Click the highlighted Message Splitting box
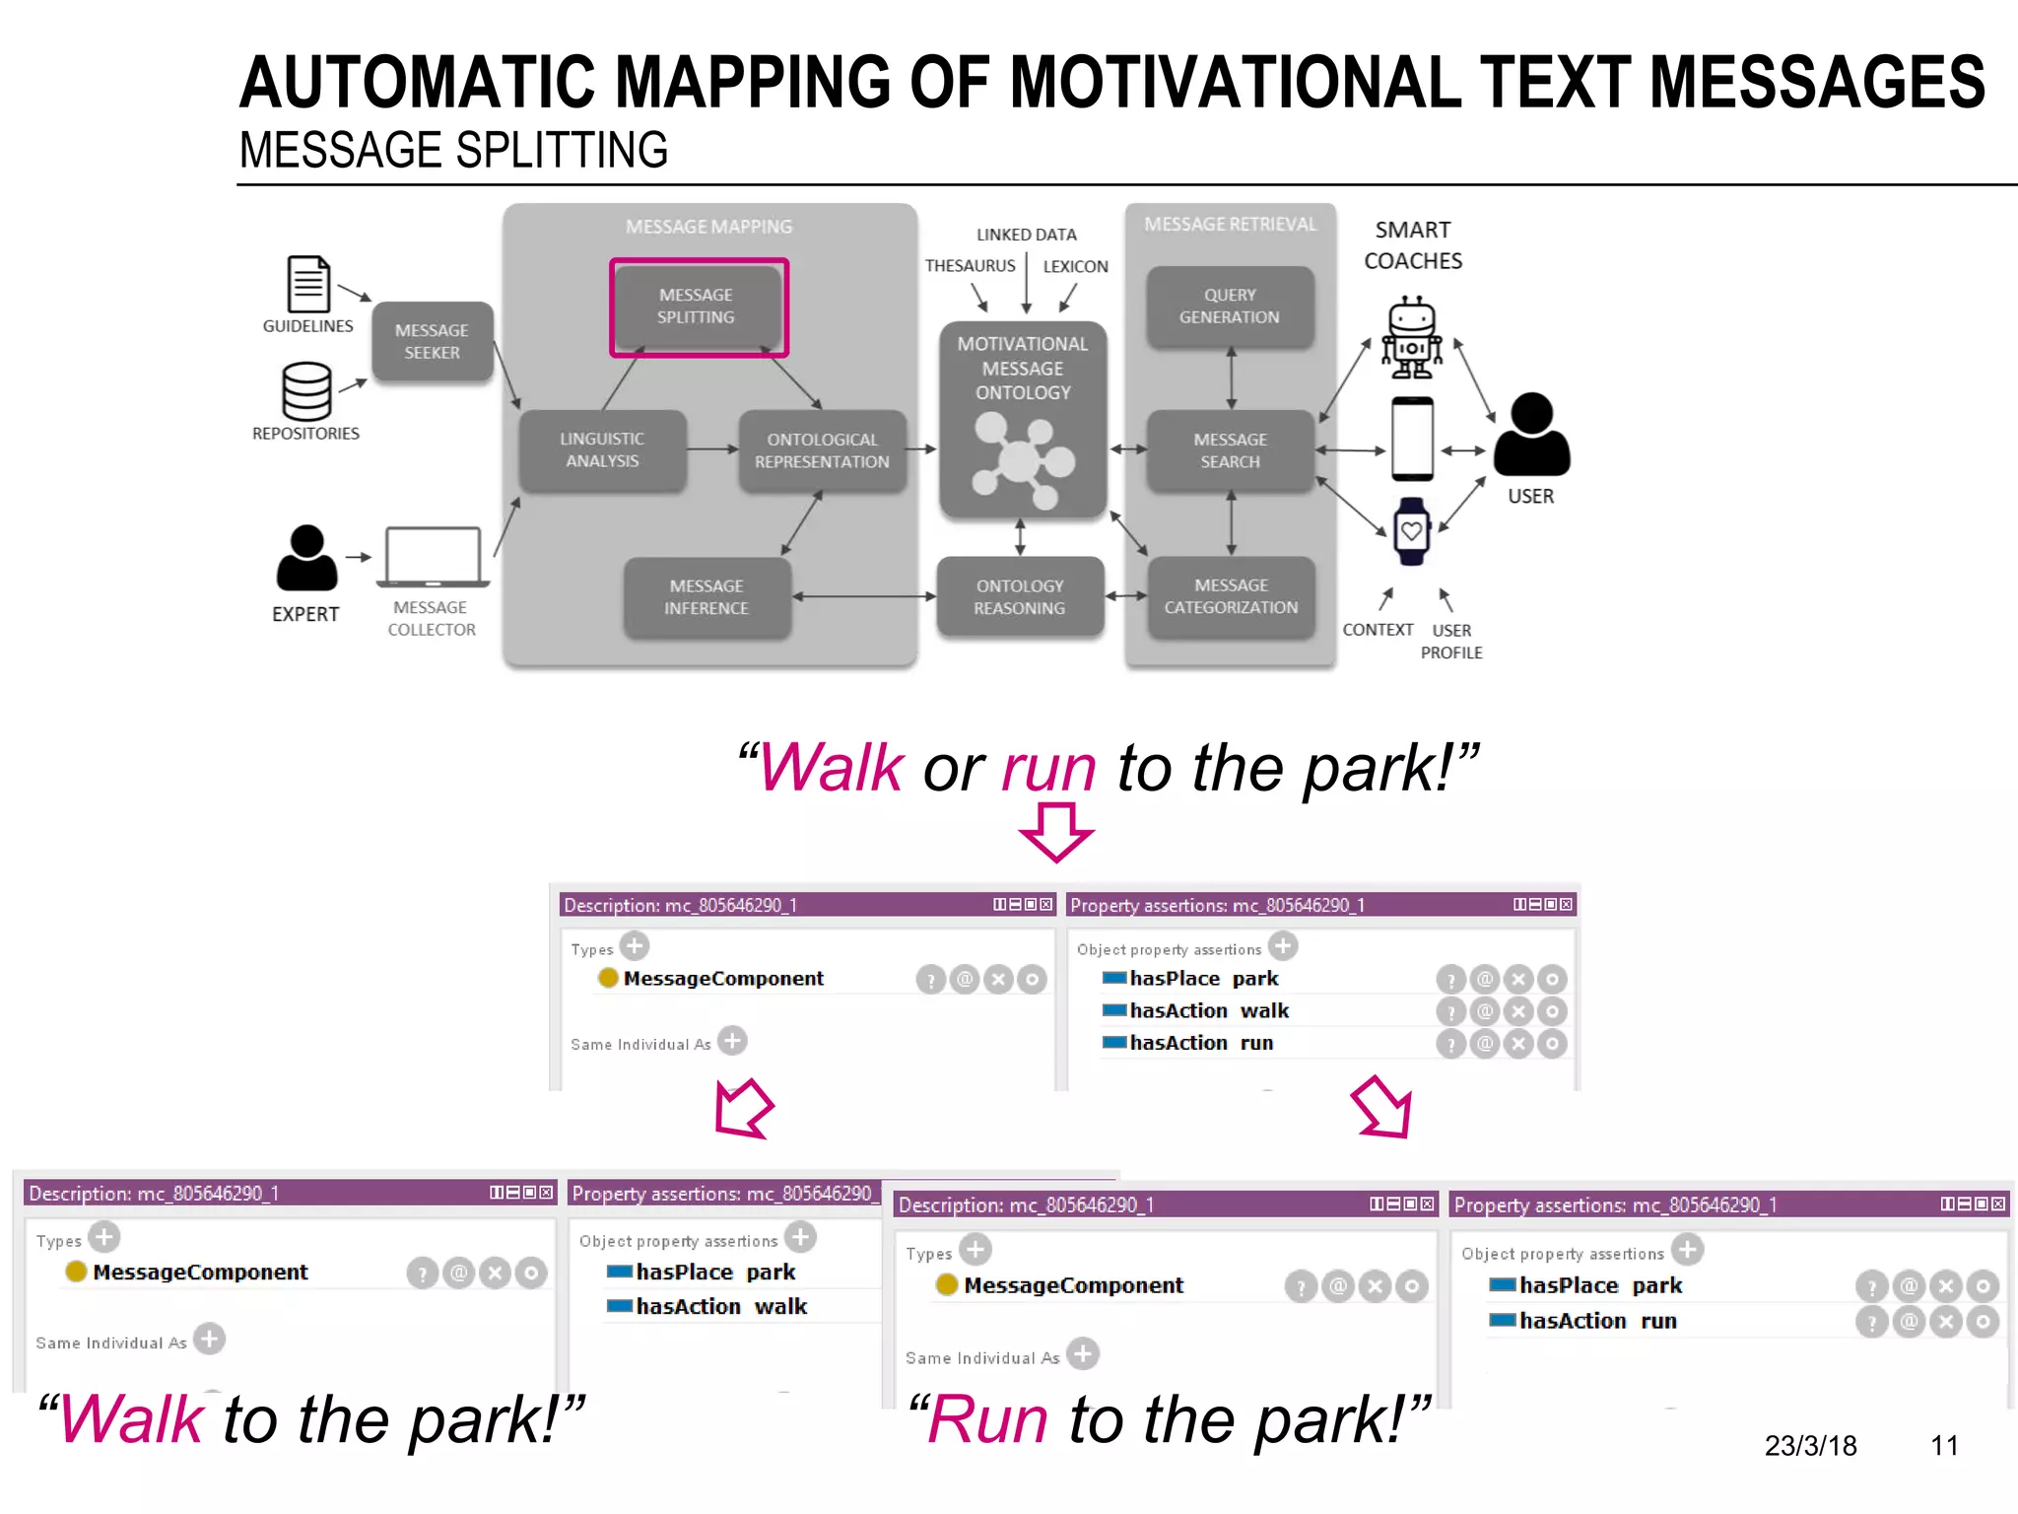698,307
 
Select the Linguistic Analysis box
602,450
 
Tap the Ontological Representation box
822,450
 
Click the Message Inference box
706,597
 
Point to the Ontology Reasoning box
1020,597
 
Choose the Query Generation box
1230,307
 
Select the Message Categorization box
1231,597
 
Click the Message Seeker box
432,341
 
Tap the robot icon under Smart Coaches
1411,338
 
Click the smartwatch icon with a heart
1411,531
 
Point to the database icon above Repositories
306,390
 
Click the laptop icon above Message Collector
434,557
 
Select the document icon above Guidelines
308,284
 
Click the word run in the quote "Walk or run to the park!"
1048,769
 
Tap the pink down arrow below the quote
1056,832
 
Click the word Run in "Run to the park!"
988,1420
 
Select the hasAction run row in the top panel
1202,1043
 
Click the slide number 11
1943,1446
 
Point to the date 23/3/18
1810,1446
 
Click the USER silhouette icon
1531,435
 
